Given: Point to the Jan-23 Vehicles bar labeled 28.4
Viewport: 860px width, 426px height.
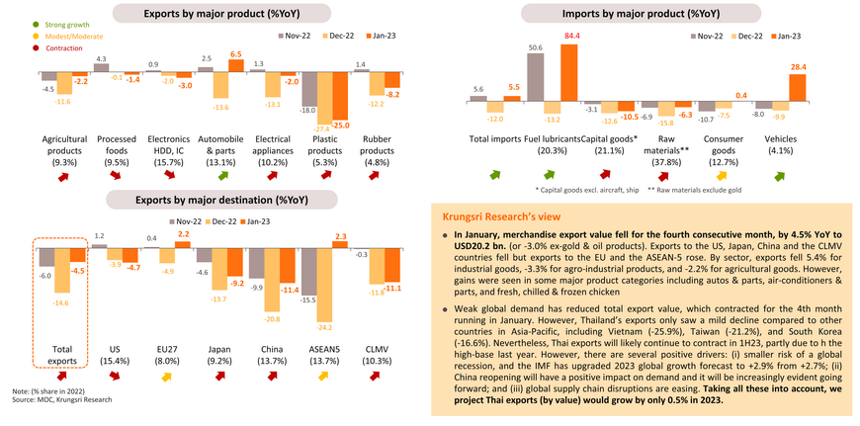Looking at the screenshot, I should click(768, 87).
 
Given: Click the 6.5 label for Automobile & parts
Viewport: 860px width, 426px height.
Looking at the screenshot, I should click(235, 54).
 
